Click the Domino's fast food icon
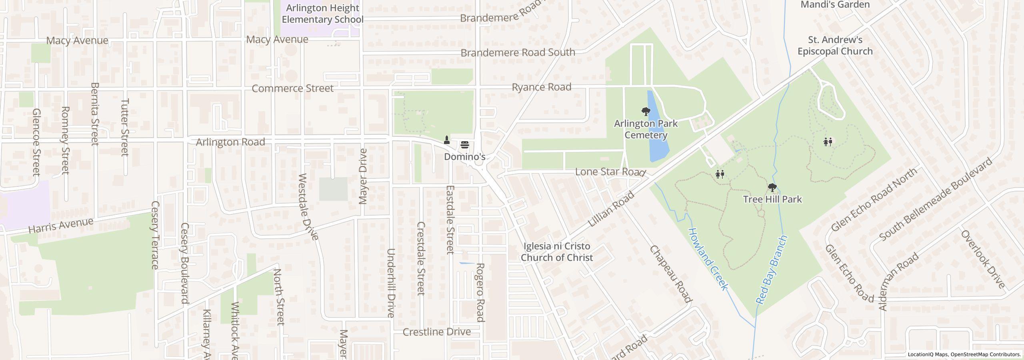[464, 144]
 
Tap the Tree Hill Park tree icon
[772, 187]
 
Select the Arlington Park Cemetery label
[646, 129]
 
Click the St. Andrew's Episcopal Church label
[835, 46]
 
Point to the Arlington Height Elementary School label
[322, 14]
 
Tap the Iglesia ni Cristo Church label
[556, 252]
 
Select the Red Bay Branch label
[772, 269]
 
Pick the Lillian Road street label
[612, 209]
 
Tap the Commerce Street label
[292, 88]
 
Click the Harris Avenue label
[61, 226]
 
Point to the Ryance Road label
[541, 87]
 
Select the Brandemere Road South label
[518, 52]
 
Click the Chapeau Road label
[670, 274]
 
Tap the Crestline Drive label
[436, 332]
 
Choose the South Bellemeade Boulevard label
[936, 199]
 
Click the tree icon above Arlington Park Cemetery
[645, 111]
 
